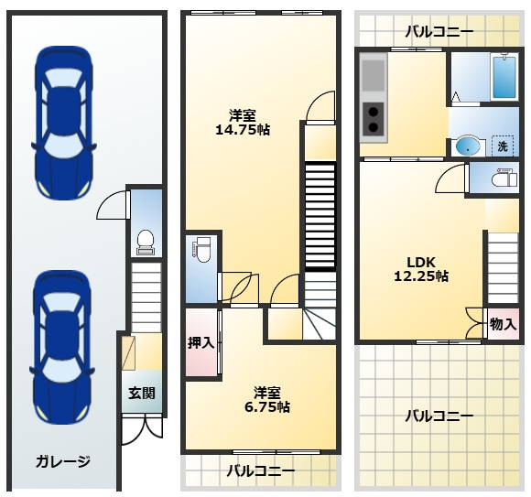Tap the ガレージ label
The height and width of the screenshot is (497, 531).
(x=63, y=460)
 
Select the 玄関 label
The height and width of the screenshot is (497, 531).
(x=141, y=394)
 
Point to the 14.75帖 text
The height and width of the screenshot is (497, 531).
(x=242, y=129)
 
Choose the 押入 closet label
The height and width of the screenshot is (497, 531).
(x=200, y=343)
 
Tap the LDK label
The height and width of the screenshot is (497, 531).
(x=410, y=259)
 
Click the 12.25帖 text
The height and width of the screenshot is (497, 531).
(x=421, y=275)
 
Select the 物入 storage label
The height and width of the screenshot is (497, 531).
(x=503, y=324)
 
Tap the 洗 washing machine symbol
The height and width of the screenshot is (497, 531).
(x=503, y=146)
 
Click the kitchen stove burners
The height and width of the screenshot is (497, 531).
(x=374, y=118)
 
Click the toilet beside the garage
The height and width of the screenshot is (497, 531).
(x=145, y=241)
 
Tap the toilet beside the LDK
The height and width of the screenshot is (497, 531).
(x=501, y=179)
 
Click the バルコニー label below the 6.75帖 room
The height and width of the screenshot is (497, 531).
(x=261, y=471)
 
